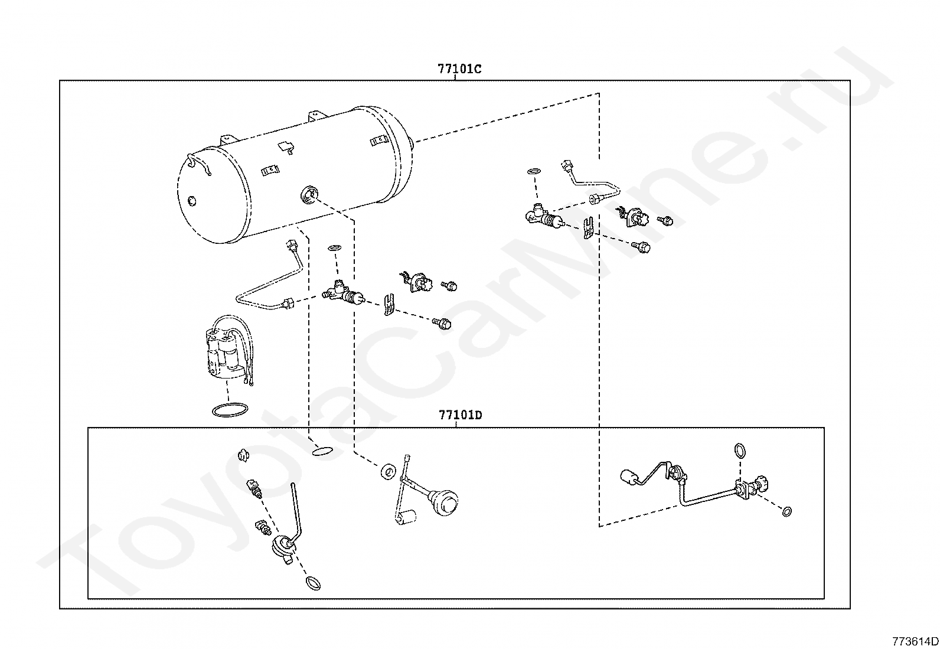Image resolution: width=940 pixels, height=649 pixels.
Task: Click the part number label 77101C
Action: coord(459,69)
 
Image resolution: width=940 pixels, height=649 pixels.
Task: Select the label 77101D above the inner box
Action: coord(460,415)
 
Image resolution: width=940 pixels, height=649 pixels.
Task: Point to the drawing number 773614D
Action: coord(915,641)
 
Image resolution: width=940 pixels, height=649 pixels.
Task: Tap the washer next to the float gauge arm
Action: coord(389,471)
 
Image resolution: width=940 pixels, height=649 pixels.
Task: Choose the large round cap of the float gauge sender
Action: coord(447,502)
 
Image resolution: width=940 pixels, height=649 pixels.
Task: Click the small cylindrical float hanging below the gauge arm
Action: coord(406,518)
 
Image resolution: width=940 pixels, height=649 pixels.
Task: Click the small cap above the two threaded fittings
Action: coord(241,455)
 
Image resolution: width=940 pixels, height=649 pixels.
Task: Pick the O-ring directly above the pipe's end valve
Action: coord(739,451)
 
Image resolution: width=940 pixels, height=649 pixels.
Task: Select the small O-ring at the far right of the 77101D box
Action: coord(786,511)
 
